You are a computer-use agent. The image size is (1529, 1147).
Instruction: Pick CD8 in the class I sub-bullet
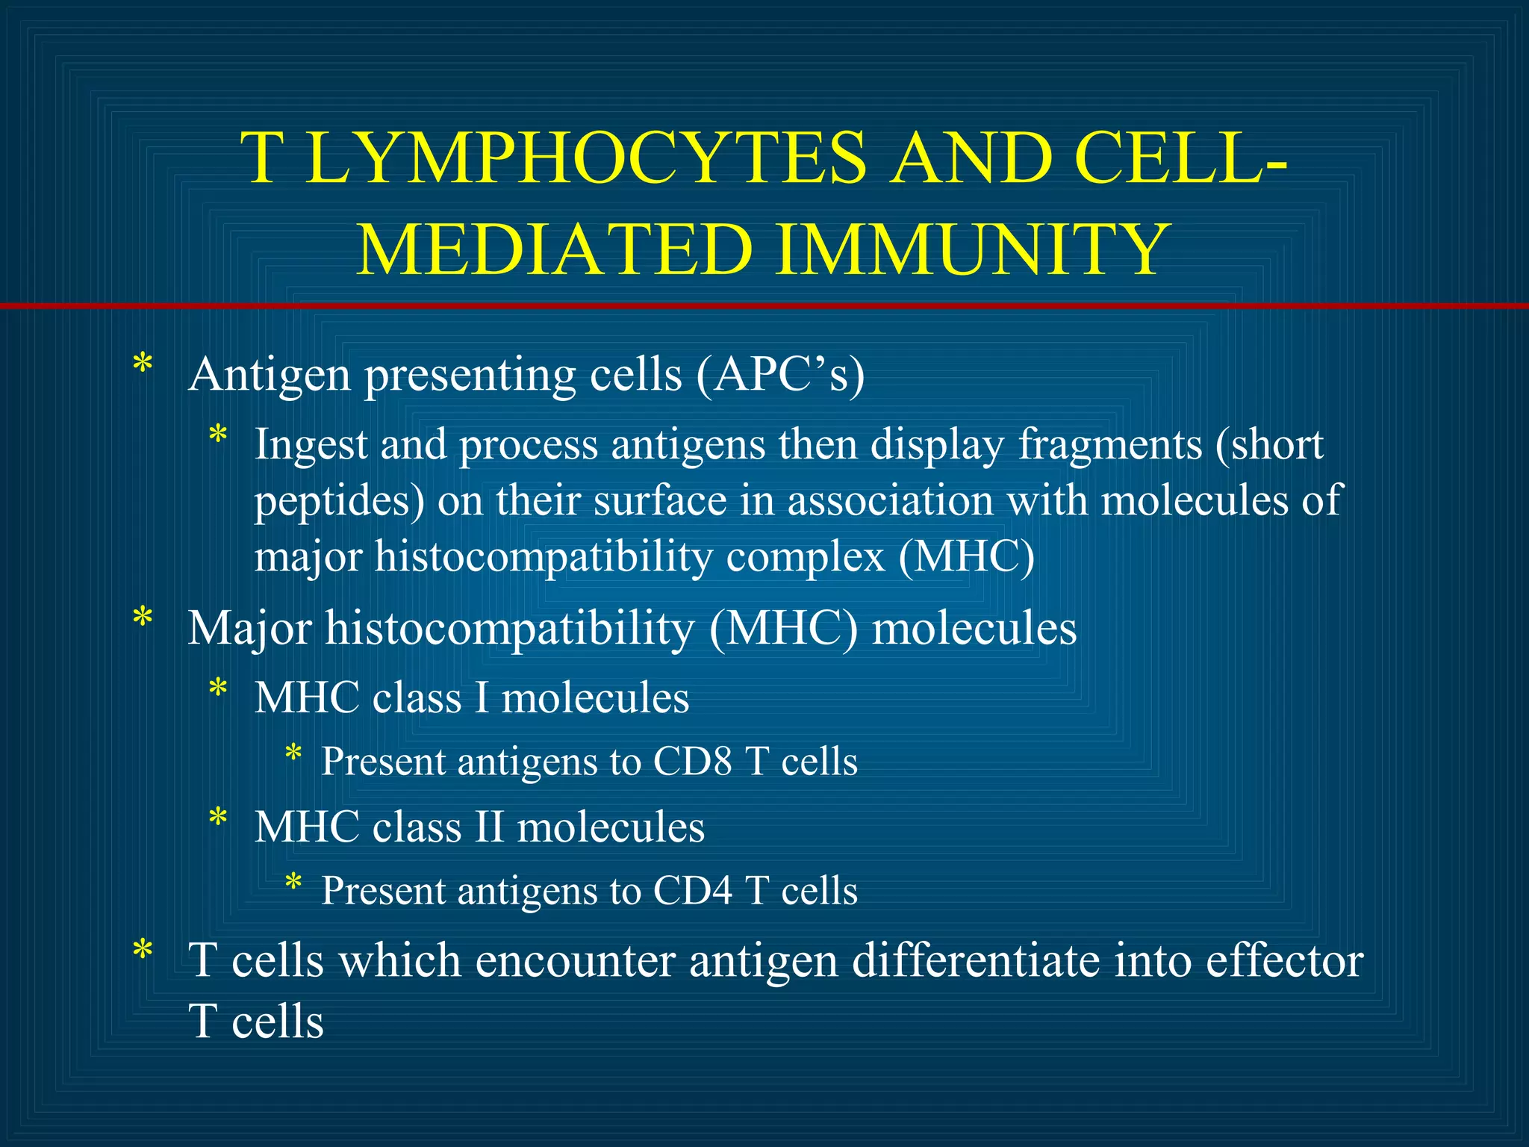(x=692, y=762)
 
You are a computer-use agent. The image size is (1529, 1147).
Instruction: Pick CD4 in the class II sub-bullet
(x=692, y=892)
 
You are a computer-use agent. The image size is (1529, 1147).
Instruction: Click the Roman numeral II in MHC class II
(x=489, y=827)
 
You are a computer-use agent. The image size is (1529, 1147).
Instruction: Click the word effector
(x=1284, y=960)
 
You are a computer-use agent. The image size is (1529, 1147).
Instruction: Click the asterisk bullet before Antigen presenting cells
(x=142, y=366)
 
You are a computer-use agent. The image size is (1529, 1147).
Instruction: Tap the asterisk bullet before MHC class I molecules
(x=217, y=688)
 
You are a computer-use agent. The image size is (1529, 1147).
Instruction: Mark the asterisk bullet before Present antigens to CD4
(x=293, y=883)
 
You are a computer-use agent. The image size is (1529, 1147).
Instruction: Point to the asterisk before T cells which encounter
(x=142, y=951)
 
